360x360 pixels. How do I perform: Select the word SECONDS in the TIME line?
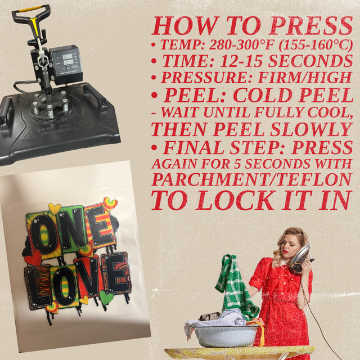310,61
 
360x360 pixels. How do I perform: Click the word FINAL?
193,147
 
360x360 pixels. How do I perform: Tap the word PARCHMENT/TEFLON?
251,179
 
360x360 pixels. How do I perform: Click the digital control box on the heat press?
65,65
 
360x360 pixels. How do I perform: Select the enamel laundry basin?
226,336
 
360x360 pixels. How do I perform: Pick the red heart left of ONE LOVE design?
33,258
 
